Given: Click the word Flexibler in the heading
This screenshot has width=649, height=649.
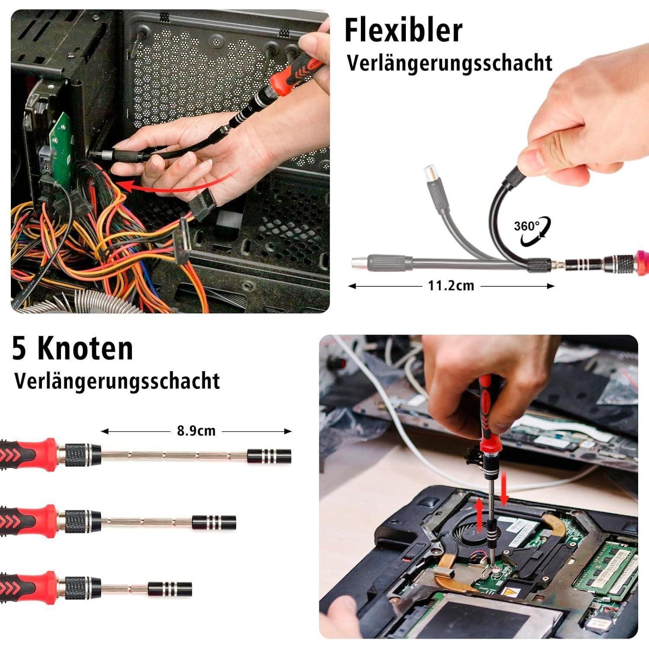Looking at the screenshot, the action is tap(403, 30).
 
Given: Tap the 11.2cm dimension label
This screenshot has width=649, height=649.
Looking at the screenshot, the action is tap(451, 286).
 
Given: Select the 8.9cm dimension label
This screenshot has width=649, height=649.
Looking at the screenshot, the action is tap(196, 431).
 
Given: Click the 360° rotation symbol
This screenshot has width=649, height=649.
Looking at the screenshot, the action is tap(532, 231).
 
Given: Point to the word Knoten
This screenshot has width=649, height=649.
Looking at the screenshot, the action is tap(85, 348).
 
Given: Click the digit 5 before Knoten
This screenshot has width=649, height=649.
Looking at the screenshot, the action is tap(19, 349).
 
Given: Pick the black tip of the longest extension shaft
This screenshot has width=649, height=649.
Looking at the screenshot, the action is tap(269, 456).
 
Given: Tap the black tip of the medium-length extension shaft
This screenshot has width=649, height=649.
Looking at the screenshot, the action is tap(214, 523).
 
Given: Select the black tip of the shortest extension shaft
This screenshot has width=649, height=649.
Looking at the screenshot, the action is tap(170, 589).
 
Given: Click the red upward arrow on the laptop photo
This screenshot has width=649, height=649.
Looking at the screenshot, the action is tap(479, 515).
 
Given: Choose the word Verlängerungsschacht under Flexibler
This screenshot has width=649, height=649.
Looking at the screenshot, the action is tap(450, 63).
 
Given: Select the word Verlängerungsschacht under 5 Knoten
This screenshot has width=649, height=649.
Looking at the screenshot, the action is tap(117, 381).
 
